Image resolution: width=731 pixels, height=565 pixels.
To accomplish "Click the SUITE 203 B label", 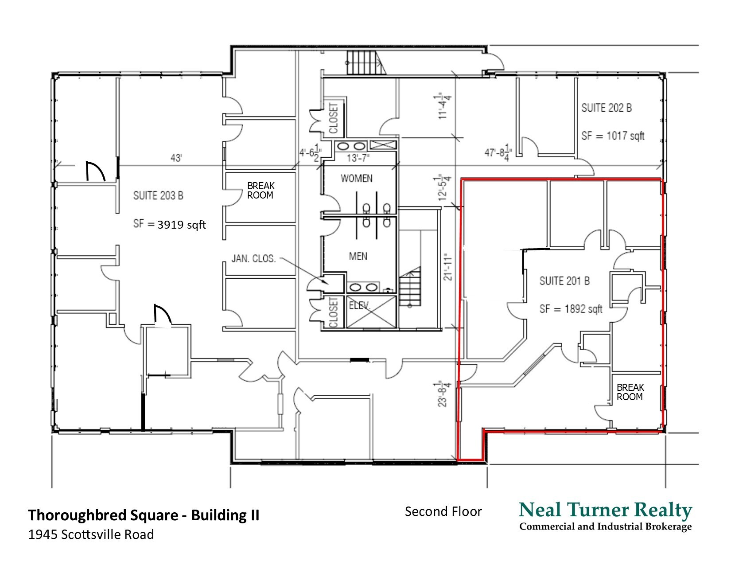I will click(x=158, y=195).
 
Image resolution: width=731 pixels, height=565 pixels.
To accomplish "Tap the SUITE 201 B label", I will click(x=564, y=281).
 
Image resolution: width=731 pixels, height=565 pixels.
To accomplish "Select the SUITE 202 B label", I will click(x=607, y=108).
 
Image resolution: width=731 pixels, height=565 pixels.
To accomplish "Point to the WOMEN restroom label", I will click(x=356, y=179).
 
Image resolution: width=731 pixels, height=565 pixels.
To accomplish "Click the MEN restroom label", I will click(x=358, y=256).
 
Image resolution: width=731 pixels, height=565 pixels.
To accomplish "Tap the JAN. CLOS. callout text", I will click(x=253, y=258).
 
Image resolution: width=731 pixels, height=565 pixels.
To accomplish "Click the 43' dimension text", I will click(x=176, y=158).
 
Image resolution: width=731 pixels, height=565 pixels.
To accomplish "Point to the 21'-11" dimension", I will click(x=448, y=266).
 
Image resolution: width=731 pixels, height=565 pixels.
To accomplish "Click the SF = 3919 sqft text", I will click(x=170, y=224).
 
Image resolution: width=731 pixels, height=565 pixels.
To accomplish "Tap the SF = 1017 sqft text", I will click(x=613, y=136).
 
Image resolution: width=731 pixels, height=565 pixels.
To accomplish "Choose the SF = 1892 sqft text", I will click(x=571, y=309).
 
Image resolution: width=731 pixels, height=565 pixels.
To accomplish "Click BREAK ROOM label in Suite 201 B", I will click(x=630, y=392).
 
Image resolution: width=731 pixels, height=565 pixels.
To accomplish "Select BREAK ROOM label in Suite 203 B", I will click(x=260, y=191).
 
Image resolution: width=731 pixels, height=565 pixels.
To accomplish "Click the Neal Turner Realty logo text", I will click(x=605, y=510).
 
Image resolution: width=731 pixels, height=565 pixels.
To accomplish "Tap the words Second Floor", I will click(x=443, y=512).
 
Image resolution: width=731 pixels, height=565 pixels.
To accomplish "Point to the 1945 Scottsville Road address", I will click(x=91, y=535).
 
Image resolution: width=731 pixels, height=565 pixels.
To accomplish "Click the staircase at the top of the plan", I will click(x=364, y=62).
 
